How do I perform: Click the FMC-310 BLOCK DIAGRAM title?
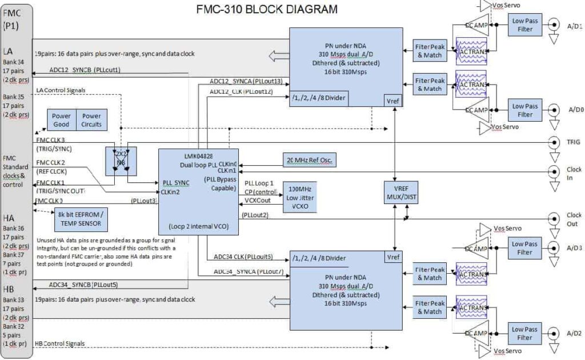[267, 9]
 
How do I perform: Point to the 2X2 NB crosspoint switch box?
[121, 161]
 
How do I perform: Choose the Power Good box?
[61, 120]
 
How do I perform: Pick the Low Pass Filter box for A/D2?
[525, 333]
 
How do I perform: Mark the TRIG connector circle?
[553, 143]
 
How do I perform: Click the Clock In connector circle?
[553, 171]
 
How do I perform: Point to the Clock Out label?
[574, 219]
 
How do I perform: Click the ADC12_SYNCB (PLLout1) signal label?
[85, 70]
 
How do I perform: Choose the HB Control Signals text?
[60, 343]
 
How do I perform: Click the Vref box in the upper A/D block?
[394, 101]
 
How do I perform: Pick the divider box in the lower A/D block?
[327, 258]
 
